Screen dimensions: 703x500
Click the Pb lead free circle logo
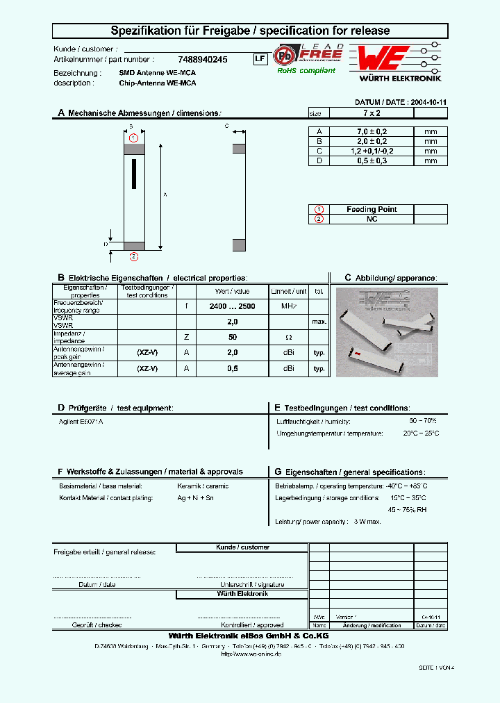(284, 55)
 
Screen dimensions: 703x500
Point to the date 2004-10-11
(428, 101)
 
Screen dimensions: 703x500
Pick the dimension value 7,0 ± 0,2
(372, 131)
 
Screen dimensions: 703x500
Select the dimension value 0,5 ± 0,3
(372, 160)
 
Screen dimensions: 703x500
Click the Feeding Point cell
(372, 209)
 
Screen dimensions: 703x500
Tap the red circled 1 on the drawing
(133, 138)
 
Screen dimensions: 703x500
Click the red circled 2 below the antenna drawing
(133, 257)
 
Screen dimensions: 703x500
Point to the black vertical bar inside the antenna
(133, 173)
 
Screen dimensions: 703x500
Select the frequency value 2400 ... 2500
(232, 306)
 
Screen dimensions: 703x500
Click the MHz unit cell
(288, 306)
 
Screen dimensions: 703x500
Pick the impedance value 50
(232, 337)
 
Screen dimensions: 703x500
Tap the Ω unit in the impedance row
(288, 337)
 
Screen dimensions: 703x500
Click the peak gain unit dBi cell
(288, 352)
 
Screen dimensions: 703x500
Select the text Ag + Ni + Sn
(196, 498)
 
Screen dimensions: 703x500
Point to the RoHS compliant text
(306, 70)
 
